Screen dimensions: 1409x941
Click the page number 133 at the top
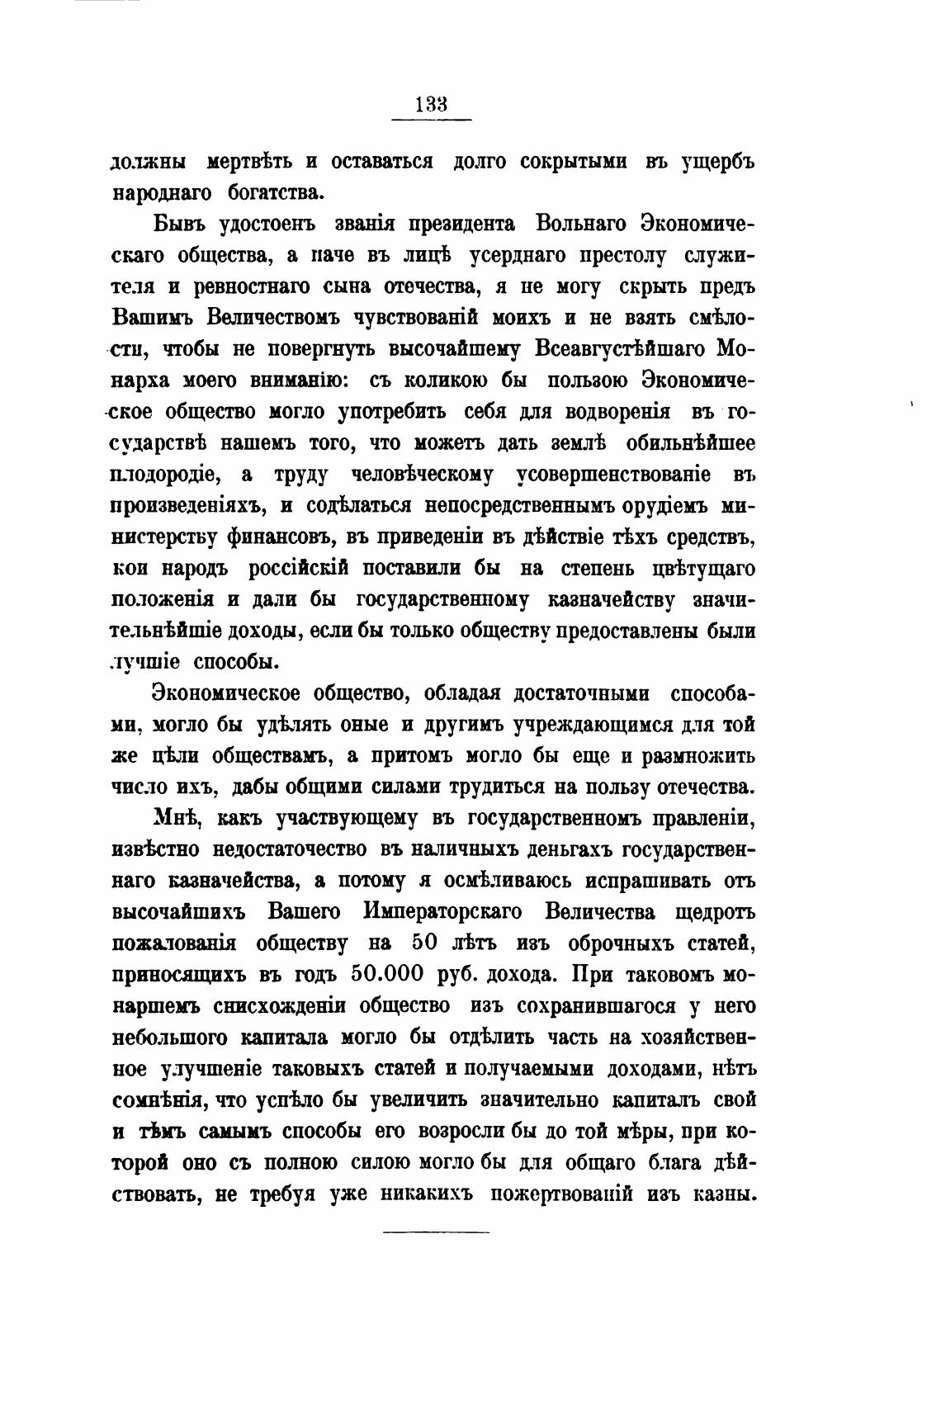click(431, 105)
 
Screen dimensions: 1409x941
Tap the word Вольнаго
click(583, 225)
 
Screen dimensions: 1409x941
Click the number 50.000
click(387, 974)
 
